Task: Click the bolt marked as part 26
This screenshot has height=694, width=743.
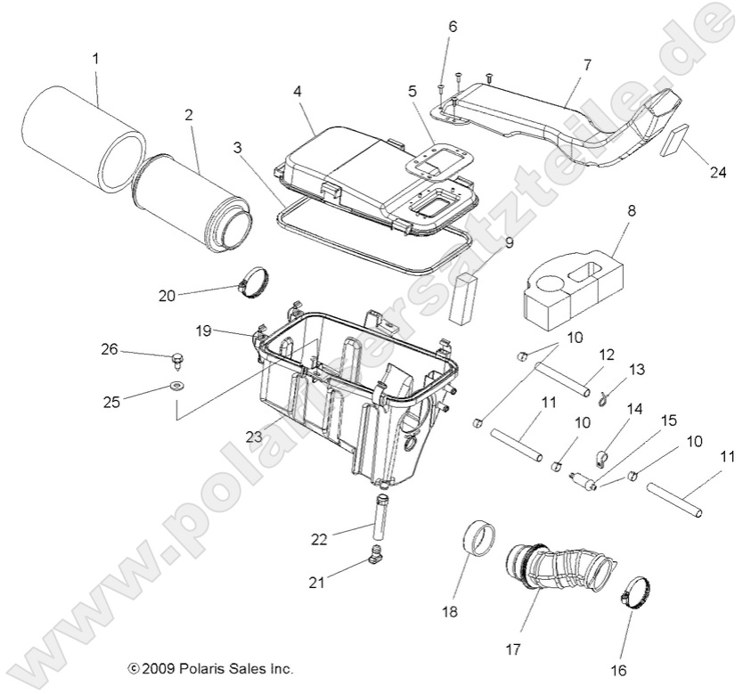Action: pyautogui.click(x=176, y=361)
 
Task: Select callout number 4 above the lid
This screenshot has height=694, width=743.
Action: pyautogui.click(x=297, y=92)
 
